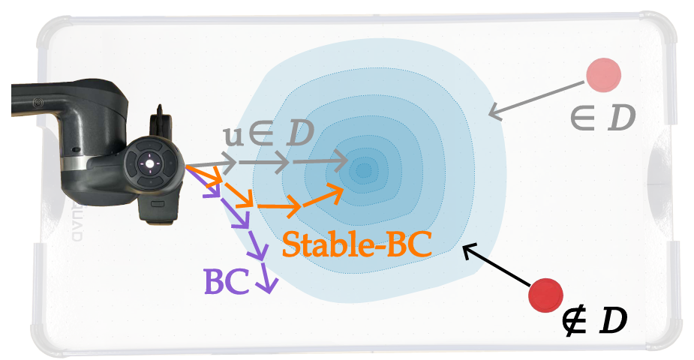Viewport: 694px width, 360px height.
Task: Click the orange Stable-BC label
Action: tap(356, 244)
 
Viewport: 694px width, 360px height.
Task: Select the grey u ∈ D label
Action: tap(269, 133)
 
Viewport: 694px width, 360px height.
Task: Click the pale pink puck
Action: tap(603, 75)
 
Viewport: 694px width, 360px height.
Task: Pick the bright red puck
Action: tap(545, 295)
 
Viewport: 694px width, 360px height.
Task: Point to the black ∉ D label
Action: tap(594, 321)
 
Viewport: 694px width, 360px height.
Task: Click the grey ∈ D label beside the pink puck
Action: tap(602, 118)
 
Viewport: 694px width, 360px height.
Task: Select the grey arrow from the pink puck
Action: tap(536, 100)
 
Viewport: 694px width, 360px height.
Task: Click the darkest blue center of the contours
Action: tap(364, 169)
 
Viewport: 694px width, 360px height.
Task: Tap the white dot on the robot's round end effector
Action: tap(149, 164)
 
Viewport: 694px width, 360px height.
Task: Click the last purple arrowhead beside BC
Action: tap(268, 285)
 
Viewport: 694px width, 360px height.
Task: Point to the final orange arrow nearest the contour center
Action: tap(323, 196)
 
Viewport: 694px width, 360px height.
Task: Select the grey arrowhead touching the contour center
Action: tap(338, 161)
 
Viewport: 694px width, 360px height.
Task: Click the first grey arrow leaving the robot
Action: tap(211, 164)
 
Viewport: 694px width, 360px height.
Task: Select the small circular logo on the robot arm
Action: tap(38, 103)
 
